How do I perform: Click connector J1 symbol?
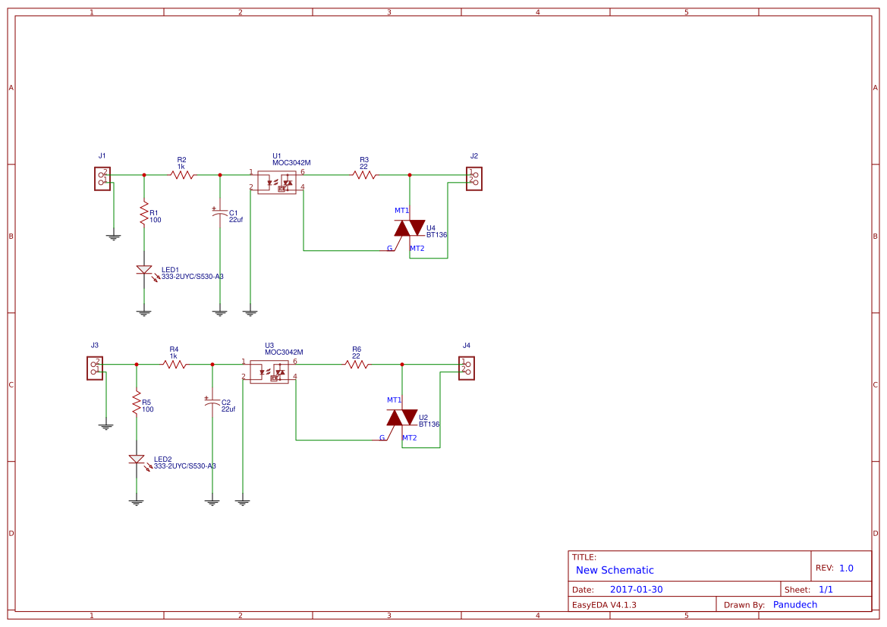102,178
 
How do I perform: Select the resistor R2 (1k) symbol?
182,174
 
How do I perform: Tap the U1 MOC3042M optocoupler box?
276,182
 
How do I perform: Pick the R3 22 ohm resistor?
364,174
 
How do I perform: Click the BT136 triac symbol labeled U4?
410,227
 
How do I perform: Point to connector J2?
474,178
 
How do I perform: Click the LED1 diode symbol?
144,270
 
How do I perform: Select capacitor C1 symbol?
220,214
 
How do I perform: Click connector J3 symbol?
95,368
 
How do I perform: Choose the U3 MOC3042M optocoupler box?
269,371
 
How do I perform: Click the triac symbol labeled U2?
402,417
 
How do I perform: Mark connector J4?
467,368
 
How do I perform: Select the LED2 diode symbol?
137,459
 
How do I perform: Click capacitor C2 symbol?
212,403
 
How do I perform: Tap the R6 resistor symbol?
357,364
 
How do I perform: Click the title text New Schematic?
615,570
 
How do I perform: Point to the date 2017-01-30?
636,589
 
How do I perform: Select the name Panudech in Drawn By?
794,604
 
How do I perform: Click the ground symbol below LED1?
144,312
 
